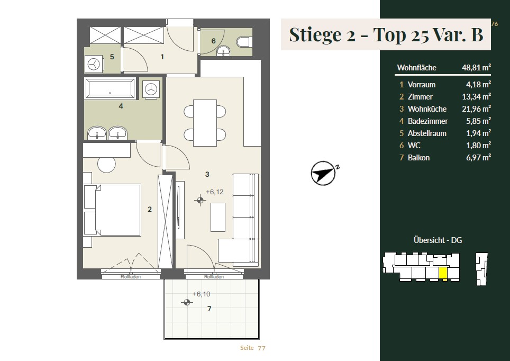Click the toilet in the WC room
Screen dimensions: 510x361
point(243,42)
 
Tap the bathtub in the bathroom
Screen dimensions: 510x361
point(110,88)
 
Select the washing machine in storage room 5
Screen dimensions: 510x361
point(94,64)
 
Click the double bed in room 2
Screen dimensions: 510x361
point(112,210)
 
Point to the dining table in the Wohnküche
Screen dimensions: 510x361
point(205,123)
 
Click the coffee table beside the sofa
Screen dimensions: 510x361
point(218,217)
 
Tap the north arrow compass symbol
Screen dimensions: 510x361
point(323,173)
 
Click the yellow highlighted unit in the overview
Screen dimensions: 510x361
point(443,274)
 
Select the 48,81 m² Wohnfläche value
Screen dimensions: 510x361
point(476,67)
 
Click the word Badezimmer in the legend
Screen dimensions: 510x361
point(427,121)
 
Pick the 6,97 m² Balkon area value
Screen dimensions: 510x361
point(478,158)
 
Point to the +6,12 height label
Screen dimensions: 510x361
point(215,192)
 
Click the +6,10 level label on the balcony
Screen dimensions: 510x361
point(202,294)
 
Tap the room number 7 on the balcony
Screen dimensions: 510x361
point(210,309)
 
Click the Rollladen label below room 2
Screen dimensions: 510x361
point(131,277)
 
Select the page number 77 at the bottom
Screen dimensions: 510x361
point(261,348)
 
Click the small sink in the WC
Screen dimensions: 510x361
point(223,51)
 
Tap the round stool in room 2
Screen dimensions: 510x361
point(107,165)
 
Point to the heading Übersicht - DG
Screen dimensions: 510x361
point(438,240)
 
